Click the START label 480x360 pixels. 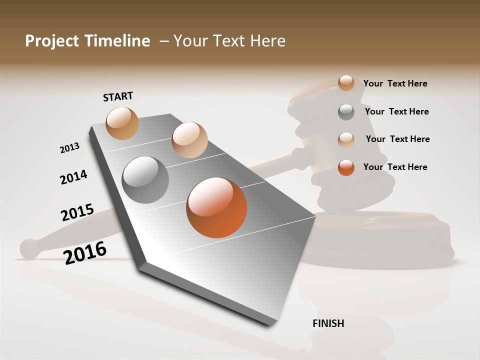118,96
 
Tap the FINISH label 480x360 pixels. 328,323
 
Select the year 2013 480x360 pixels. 69,148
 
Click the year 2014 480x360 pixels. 73,177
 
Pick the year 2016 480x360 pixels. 85,252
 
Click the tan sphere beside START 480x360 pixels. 122,123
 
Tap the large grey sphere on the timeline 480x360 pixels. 145,179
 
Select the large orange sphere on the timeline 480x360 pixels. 216,207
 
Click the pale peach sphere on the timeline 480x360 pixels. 189,140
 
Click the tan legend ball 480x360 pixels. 346,83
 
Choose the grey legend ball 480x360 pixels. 346,112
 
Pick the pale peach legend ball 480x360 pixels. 346,139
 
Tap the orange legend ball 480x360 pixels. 346,167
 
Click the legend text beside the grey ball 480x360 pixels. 396,111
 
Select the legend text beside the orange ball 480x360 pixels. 395,167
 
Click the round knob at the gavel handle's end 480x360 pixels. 30,248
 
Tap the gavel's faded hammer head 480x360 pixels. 345,145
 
